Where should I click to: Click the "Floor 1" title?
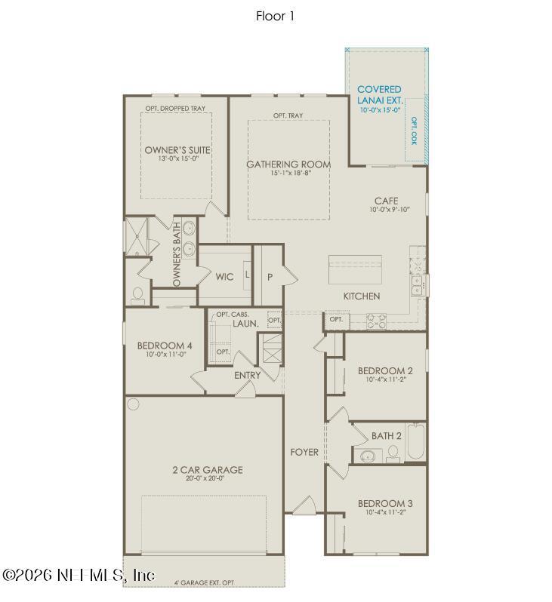(x=275, y=16)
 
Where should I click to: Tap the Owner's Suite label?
(x=177, y=150)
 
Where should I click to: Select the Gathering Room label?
(x=278, y=164)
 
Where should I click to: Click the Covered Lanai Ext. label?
(x=379, y=94)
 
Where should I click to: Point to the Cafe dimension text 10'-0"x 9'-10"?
(x=390, y=210)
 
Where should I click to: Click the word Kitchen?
(x=362, y=296)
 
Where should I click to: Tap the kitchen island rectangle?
(x=355, y=269)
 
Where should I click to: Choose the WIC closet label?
(x=224, y=277)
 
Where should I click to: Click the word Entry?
(x=247, y=375)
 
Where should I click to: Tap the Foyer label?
(x=304, y=452)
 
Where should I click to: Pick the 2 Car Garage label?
(x=207, y=470)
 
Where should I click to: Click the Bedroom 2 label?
(x=385, y=370)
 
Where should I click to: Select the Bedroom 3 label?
(x=385, y=503)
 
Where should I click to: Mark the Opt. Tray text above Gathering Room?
(x=288, y=115)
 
